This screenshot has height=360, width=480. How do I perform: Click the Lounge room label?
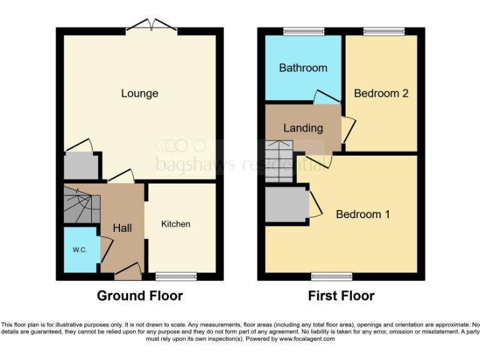point(139,94)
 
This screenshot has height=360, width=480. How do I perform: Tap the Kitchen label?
point(176,224)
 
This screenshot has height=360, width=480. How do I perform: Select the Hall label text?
point(122,228)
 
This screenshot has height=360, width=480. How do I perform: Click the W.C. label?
point(79,250)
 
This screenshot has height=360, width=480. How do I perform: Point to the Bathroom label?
point(303,67)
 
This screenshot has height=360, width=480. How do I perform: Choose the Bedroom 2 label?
point(381,93)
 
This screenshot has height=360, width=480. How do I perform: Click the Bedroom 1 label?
point(363,214)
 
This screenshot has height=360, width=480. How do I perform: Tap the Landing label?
point(303,128)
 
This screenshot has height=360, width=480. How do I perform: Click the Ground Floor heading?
point(139,296)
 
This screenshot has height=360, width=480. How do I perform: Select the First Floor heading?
point(341,296)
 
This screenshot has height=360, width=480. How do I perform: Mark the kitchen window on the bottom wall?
point(176,276)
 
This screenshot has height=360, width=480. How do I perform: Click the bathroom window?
point(303,31)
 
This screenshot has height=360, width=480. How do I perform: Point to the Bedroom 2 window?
point(384,31)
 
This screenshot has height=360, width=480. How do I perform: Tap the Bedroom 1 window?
point(332,276)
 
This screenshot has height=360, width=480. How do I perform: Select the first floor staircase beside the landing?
point(279,161)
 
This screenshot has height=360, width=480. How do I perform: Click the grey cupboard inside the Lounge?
point(81,166)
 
